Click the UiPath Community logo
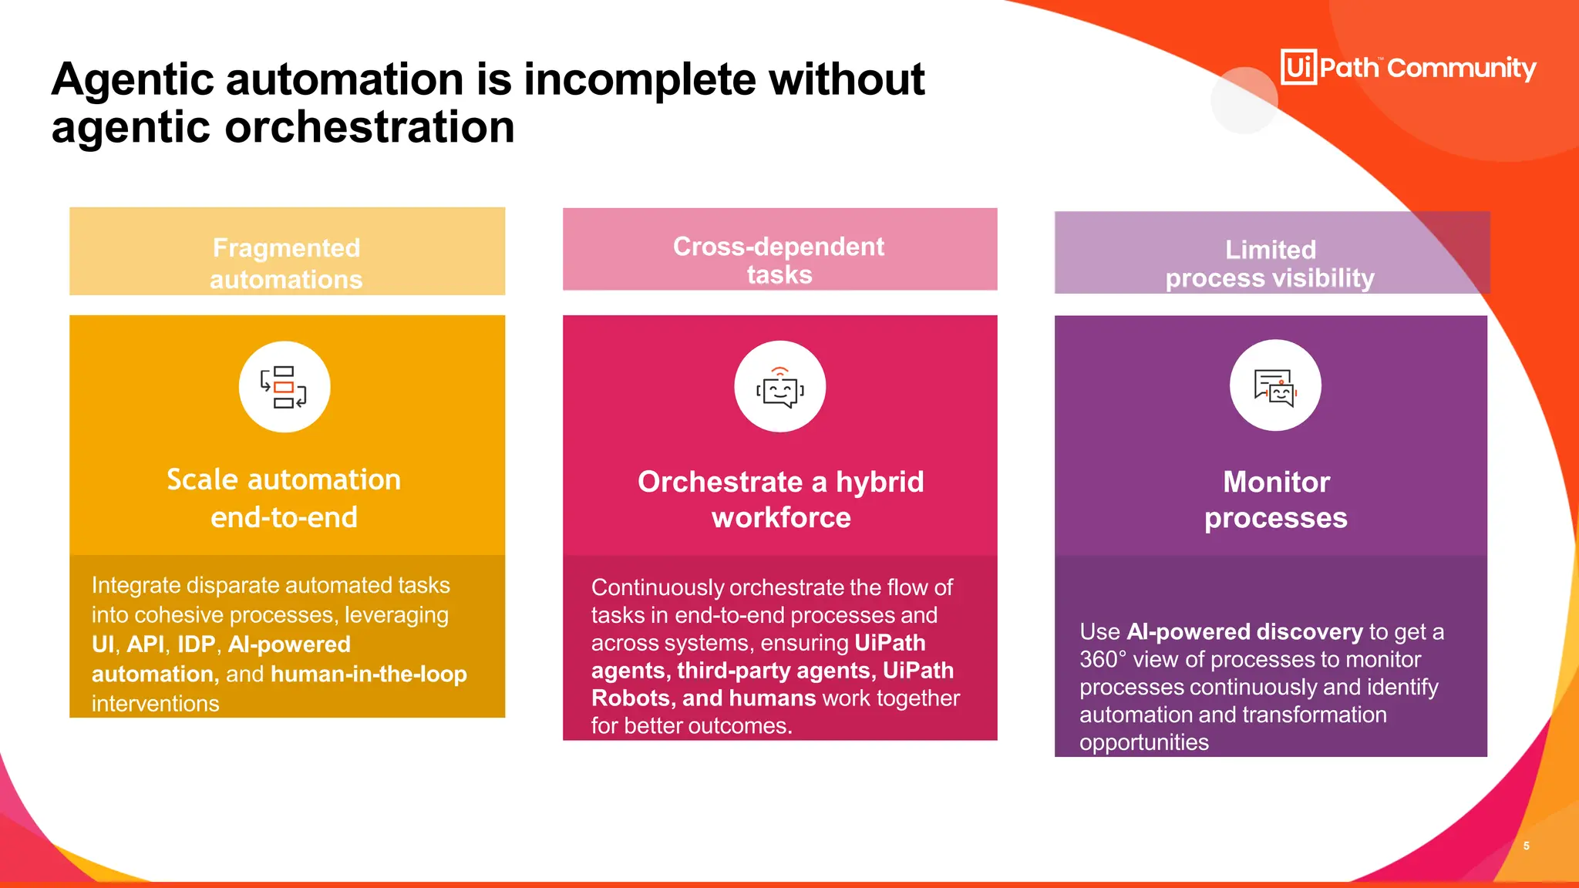click(1408, 68)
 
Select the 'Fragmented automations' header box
click(287, 251)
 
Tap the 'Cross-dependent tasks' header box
click(779, 250)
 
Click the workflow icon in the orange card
click(284, 387)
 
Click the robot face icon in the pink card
click(779, 387)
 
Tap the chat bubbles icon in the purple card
click(1275, 385)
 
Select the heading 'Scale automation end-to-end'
click(284, 498)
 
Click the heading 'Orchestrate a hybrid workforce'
click(780, 499)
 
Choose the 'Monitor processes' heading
click(1276, 499)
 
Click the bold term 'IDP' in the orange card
click(196, 644)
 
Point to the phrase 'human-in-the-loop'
click(369, 674)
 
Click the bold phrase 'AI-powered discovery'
click(1244, 632)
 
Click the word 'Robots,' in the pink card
click(633, 698)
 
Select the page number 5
click(1526, 846)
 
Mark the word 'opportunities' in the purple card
click(1143, 742)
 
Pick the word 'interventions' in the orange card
click(155, 704)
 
